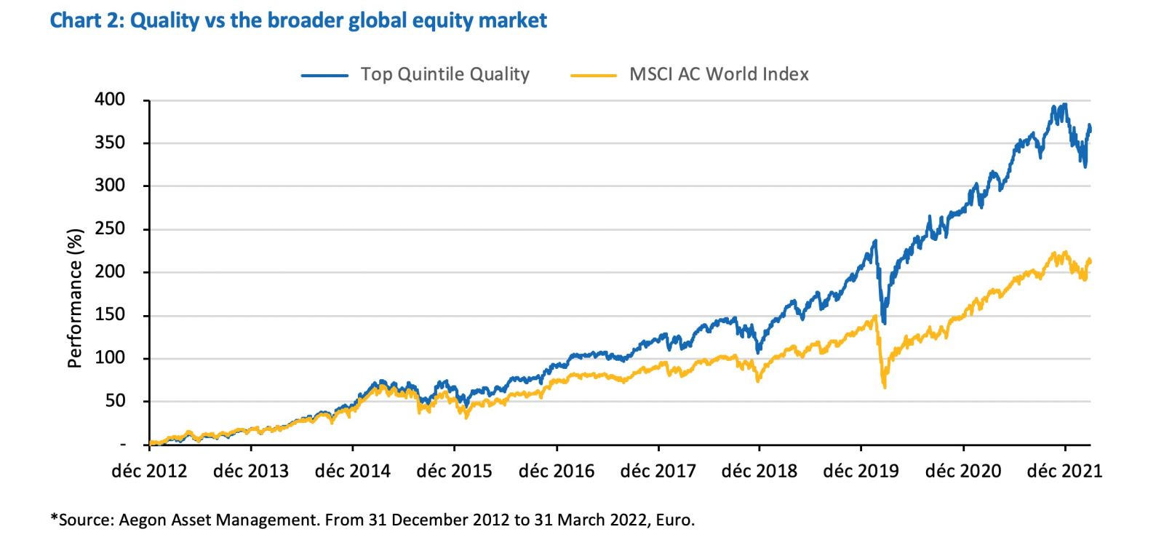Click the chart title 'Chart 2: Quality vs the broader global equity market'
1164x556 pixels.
coord(298,20)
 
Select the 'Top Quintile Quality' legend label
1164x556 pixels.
coord(445,74)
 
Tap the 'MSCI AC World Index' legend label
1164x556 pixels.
coord(719,74)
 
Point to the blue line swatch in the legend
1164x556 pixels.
coord(324,75)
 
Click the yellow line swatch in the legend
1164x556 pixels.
coord(594,75)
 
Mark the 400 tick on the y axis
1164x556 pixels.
coord(110,100)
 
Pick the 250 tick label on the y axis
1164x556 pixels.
coord(110,229)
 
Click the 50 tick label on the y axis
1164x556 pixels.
coord(115,401)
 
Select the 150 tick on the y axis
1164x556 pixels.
coord(110,315)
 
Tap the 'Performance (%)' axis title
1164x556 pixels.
coord(74,298)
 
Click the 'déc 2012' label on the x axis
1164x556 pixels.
coord(149,472)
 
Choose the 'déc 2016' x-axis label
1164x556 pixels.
coord(557,472)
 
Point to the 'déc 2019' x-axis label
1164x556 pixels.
coord(861,472)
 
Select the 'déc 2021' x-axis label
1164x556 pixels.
coord(1064,472)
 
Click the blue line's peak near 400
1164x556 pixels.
coord(1065,104)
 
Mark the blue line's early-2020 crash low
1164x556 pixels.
coord(884,322)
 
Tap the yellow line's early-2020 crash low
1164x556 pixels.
coord(885,387)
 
